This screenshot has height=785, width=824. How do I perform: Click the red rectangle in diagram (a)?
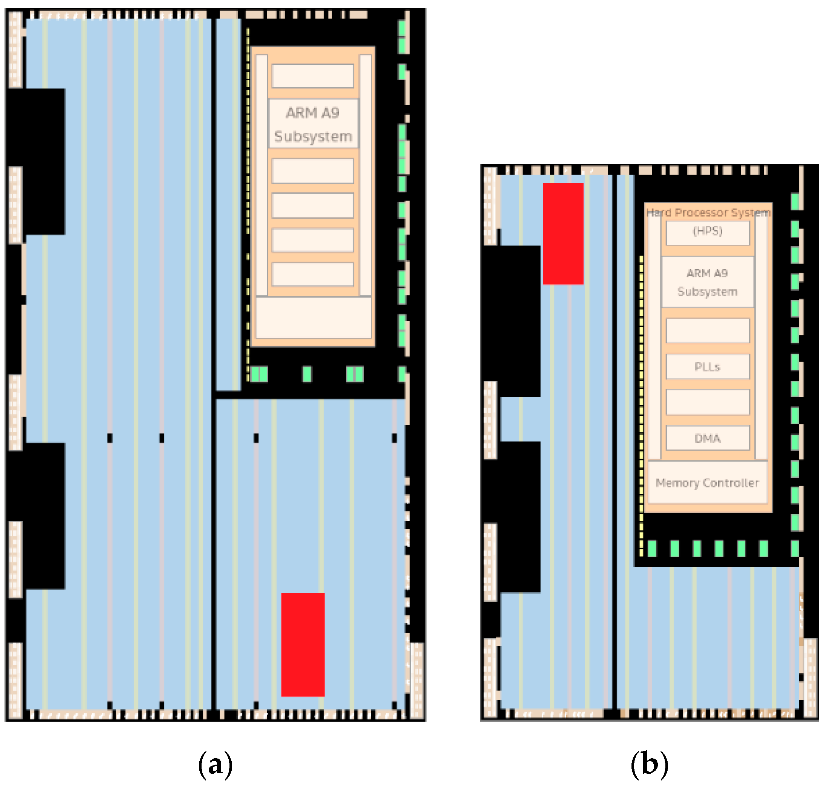tap(303, 644)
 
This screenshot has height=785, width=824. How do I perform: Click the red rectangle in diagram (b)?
tap(563, 233)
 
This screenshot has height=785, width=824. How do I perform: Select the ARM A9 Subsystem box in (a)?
tap(313, 124)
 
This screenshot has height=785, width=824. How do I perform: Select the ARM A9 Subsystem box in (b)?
tap(707, 282)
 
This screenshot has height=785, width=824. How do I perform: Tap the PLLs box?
tap(707, 366)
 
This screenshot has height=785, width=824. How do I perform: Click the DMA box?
tap(707, 438)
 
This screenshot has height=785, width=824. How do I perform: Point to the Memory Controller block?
tap(707, 483)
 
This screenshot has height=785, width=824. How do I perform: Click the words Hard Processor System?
tap(708, 213)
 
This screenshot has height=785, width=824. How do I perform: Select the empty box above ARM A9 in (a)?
tap(313, 76)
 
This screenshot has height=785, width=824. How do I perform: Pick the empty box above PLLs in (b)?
tap(707, 331)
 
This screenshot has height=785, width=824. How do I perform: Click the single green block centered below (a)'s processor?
tap(307, 374)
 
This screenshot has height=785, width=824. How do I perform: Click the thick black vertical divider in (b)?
tap(614, 439)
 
